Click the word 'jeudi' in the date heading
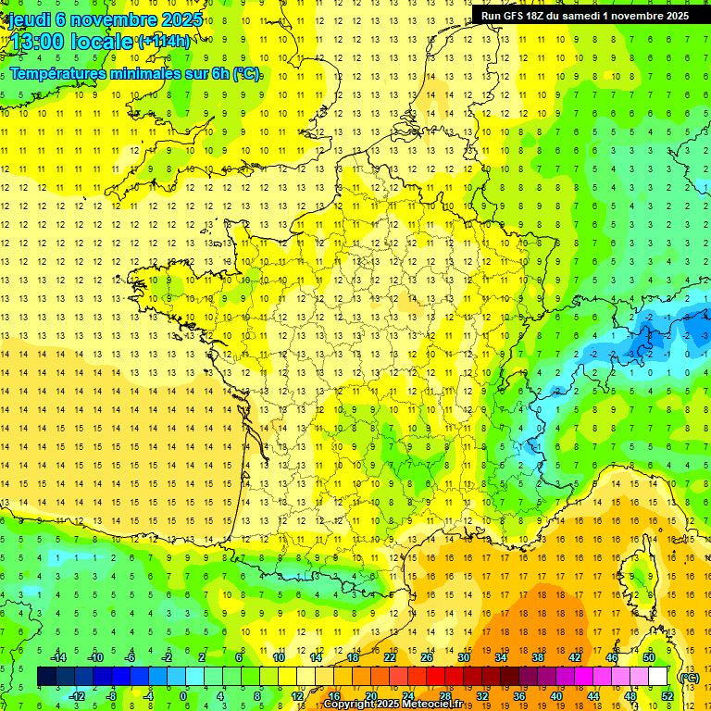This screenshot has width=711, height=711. tap(28, 19)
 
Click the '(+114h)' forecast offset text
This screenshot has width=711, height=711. tap(164, 41)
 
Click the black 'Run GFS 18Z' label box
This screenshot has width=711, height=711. tap(584, 16)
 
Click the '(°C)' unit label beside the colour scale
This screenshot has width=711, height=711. tap(689, 678)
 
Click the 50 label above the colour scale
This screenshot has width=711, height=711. tap(649, 657)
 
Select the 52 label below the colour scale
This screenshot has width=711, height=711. tap(667, 696)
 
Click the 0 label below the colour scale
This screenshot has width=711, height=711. tap(183, 696)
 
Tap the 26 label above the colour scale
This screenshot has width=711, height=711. tap(427, 657)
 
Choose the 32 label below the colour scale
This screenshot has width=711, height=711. tap(482, 696)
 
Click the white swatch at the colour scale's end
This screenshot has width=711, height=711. tap(658, 677)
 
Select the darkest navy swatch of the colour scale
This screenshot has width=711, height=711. tap(46, 677)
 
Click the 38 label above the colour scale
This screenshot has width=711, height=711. tap(538, 657)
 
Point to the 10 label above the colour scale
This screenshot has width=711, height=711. tap(279, 657)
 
